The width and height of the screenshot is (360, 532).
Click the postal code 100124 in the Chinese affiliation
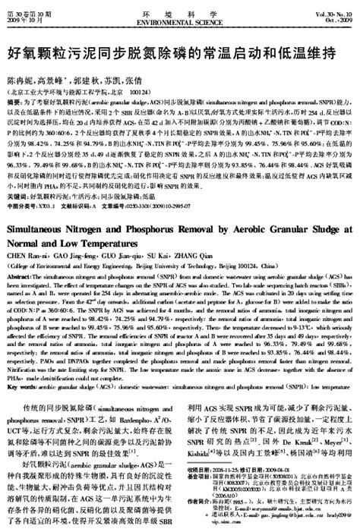(139, 90)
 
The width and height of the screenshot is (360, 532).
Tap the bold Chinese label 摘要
(13, 99)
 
